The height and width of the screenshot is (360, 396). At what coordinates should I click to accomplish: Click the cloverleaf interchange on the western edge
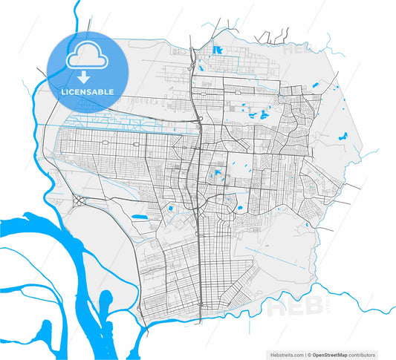pos(79,201)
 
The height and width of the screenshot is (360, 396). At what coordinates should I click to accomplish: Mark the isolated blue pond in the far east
pos(343,136)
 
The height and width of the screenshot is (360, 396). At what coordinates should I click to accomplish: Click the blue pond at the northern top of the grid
pos(217,50)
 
